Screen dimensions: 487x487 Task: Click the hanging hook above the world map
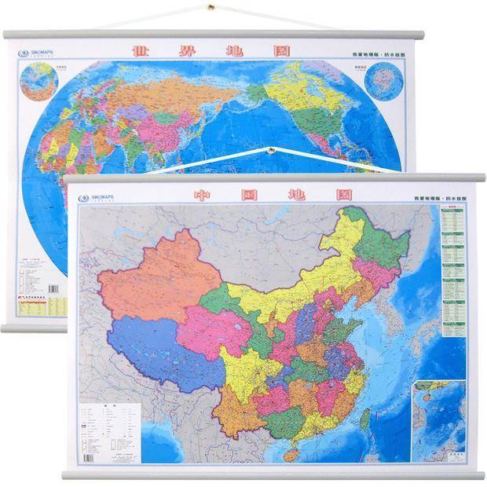(x=211, y=9)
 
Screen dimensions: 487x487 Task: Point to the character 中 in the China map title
(x=203, y=194)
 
